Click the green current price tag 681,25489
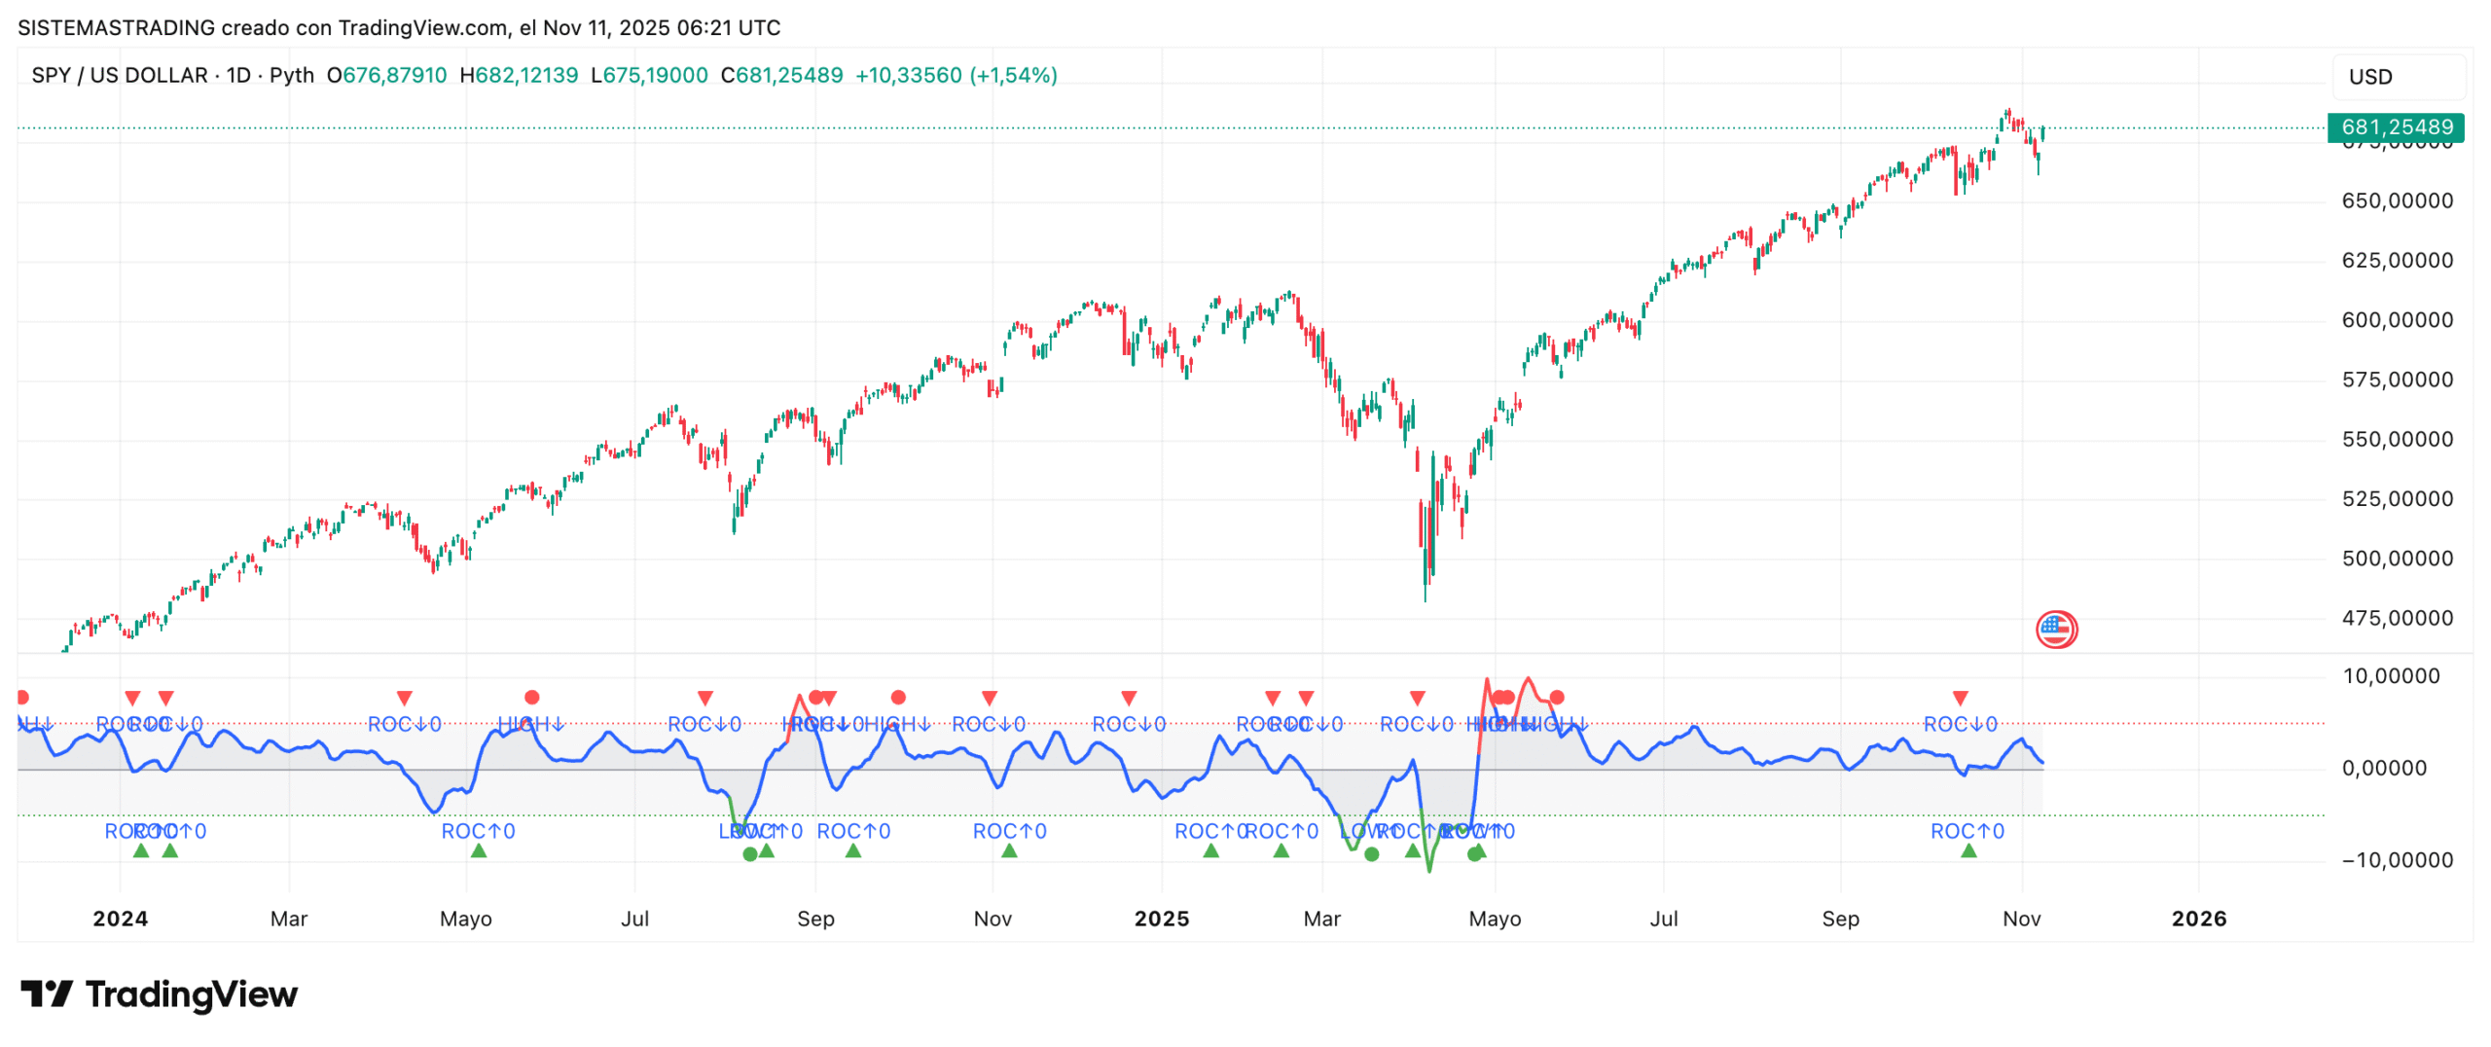click(x=2395, y=127)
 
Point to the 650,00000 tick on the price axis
click(x=2396, y=201)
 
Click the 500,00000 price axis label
click(x=2396, y=559)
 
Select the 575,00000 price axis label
click(x=2396, y=379)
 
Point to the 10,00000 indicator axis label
click(x=2390, y=676)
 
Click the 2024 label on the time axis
click(x=120, y=919)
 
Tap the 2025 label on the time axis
click(x=1161, y=919)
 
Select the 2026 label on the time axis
click(x=2198, y=919)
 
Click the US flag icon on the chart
click(x=2055, y=630)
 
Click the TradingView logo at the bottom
click(x=160, y=994)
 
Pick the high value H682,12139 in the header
click(x=519, y=76)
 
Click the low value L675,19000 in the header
click(x=649, y=76)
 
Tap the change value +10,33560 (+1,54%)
click(x=956, y=76)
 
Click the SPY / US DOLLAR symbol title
click(x=120, y=76)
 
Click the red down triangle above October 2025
click(x=1960, y=699)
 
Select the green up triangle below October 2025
click(x=1968, y=851)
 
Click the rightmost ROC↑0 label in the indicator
click(x=1967, y=832)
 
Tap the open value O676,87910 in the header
click(x=386, y=76)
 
